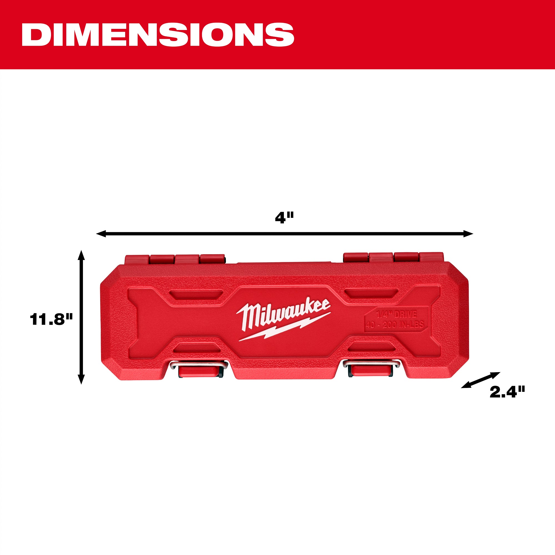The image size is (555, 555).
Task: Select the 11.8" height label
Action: coord(51,319)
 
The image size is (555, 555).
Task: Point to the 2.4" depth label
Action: coord(507,392)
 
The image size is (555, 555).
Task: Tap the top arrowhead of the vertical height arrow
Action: coord(81,254)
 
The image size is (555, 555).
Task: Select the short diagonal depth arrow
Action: coord(481,380)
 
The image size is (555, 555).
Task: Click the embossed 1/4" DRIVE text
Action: coord(397,314)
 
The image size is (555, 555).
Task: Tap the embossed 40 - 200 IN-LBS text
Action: coord(395,325)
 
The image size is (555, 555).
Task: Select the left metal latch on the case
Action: coord(199,370)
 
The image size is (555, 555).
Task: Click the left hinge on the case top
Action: coord(175,259)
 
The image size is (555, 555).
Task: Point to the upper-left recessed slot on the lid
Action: coord(196,294)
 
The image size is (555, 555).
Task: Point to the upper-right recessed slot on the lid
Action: coord(371,293)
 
